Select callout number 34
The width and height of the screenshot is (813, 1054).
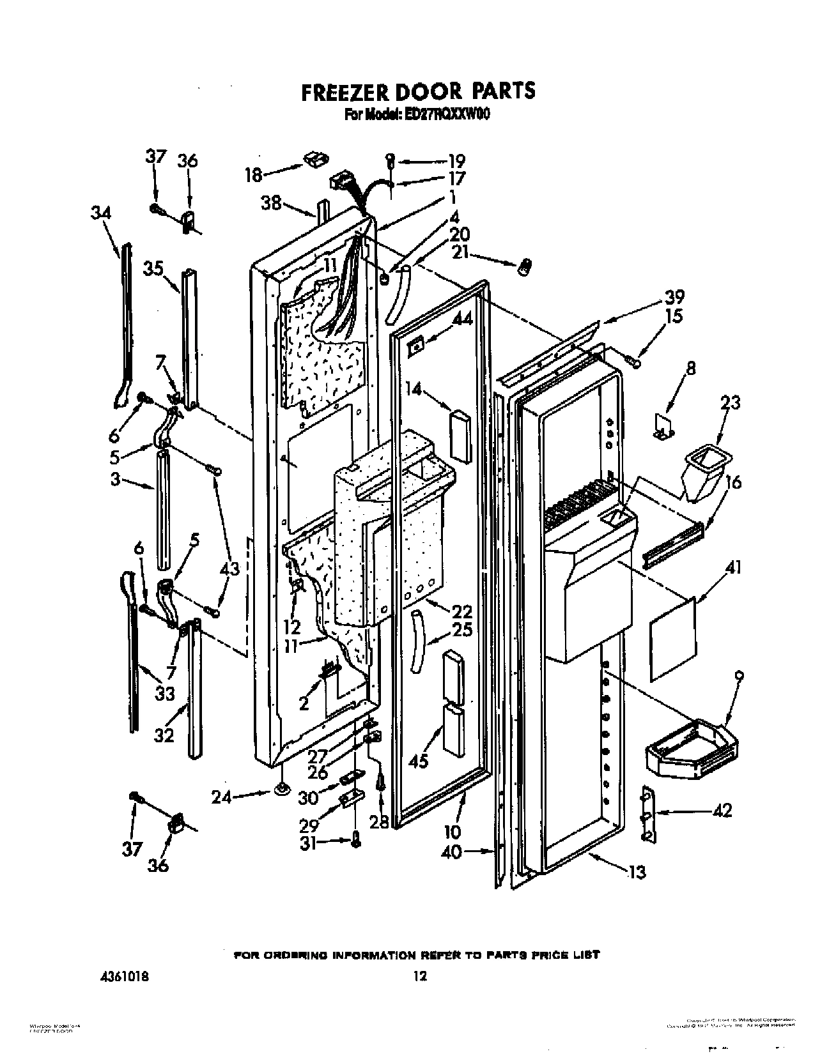click(101, 213)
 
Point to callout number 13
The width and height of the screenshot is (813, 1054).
click(637, 871)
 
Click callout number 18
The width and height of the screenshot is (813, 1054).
click(254, 174)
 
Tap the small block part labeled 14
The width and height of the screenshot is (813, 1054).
click(458, 434)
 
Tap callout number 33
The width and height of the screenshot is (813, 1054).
click(164, 693)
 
